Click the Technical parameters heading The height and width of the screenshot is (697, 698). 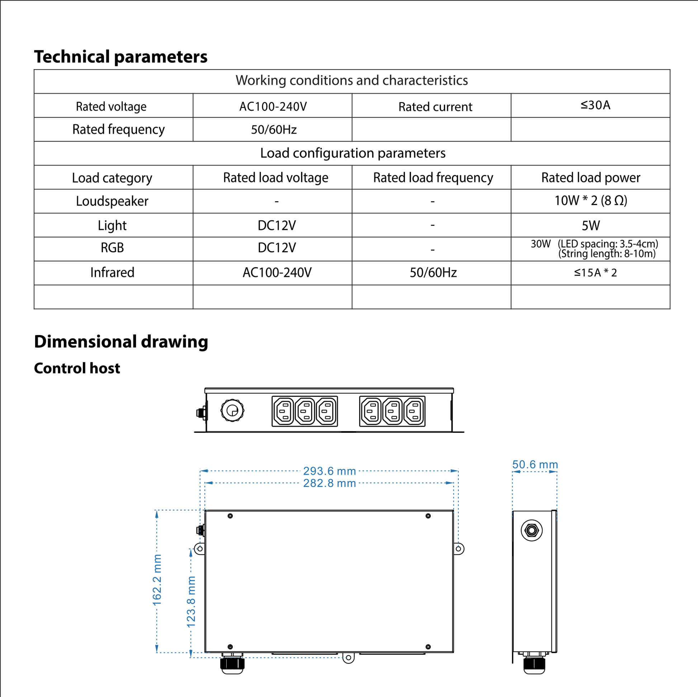tap(121, 57)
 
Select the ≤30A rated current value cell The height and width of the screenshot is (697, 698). tap(595, 105)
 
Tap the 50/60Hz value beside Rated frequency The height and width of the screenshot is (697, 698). tap(273, 130)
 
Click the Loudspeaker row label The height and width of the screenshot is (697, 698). tap(112, 201)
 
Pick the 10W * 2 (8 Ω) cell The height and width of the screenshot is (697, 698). tap(590, 201)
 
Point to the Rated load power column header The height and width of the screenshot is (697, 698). tap(590, 178)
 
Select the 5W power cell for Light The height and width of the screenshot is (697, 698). tap(590, 226)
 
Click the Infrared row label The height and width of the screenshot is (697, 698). tap(112, 272)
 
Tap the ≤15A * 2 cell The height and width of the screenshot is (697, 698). tap(595, 272)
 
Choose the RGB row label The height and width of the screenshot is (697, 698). tap(112, 248)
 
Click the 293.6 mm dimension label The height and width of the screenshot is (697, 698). tap(329, 471)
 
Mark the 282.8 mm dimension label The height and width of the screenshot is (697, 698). tap(329, 483)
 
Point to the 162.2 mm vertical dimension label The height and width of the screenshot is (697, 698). tap(157, 580)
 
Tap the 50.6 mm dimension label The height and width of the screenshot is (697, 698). tap(535, 464)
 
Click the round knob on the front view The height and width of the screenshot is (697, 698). tap(232, 410)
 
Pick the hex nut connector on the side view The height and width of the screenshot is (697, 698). tap(532, 530)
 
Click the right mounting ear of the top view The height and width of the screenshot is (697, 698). tap(458, 549)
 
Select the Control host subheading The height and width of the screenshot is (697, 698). tap(77, 368)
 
